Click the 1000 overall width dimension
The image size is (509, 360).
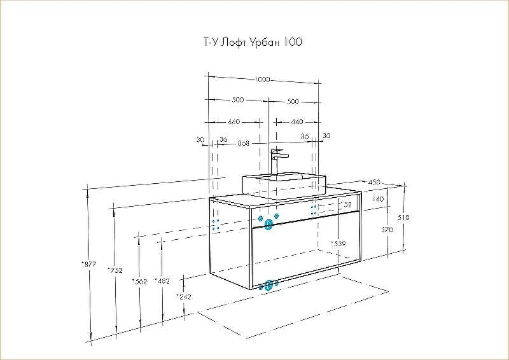coord(261,80)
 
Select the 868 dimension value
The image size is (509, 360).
coord(243,144)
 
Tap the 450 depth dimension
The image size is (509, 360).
coord(374,183)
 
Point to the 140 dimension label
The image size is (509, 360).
coord(378,200)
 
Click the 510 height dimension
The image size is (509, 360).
coord(403,218)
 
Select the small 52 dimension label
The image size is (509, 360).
coord(347,205)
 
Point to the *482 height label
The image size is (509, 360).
coord(162,281)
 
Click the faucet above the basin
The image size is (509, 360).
coord(277,160)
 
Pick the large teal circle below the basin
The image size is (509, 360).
coord(268,223)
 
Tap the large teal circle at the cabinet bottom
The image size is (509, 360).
coord(269,284)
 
